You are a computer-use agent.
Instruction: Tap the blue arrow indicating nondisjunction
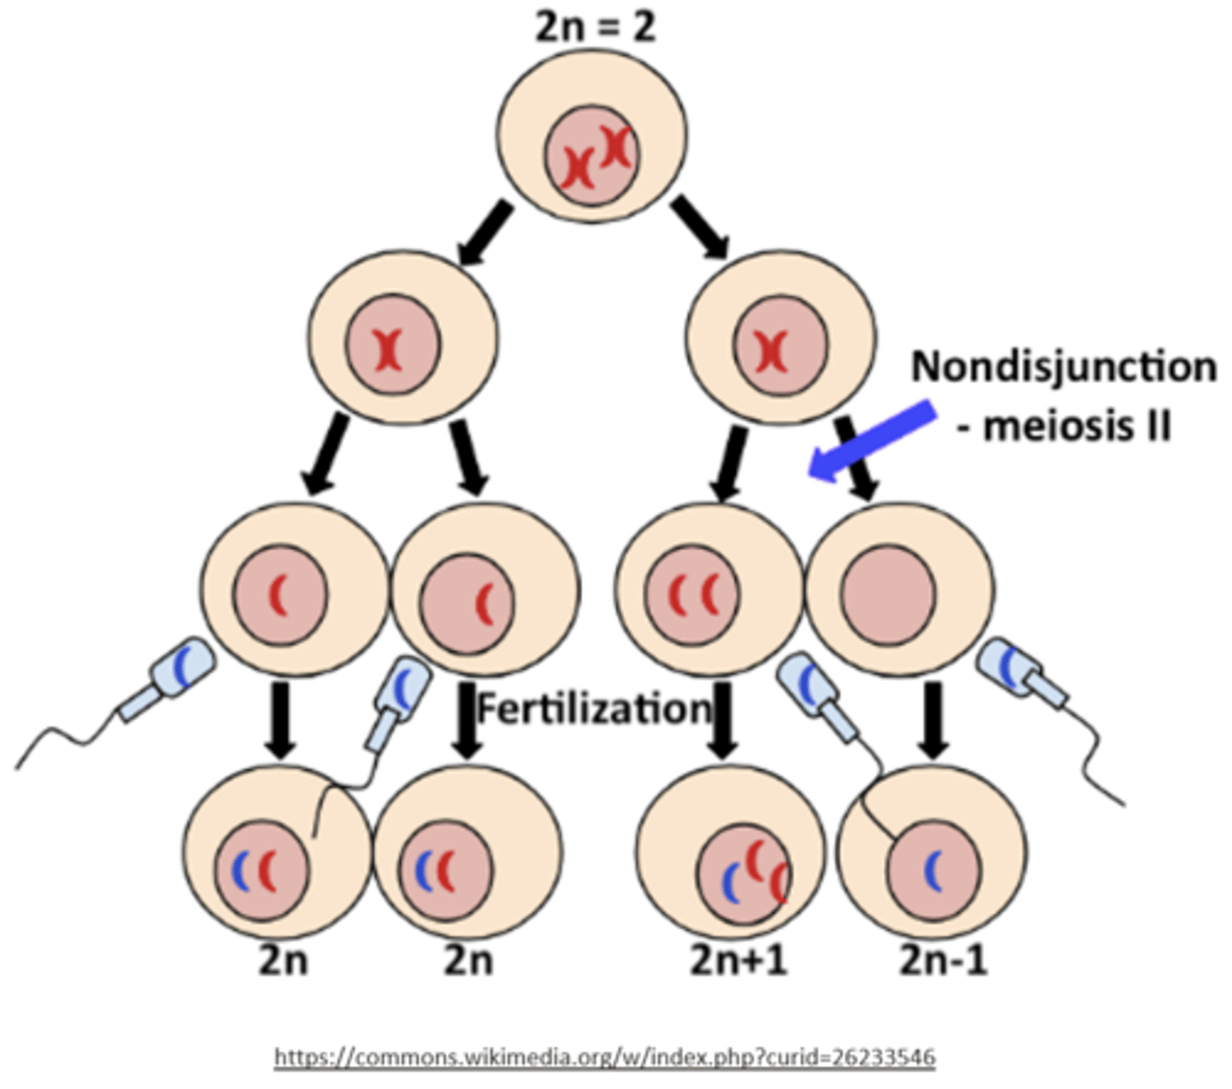coord(872,442)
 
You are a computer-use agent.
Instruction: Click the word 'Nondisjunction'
coord(1063,367)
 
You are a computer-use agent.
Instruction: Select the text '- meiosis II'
coord(1063,425)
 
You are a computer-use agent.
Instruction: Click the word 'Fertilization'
coord(595,709)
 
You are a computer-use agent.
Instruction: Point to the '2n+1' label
coord(737,959)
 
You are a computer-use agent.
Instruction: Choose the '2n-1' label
coord(942,959)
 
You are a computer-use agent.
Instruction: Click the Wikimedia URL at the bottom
coord(605,1057)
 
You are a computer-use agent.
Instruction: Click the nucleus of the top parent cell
coord(592,156)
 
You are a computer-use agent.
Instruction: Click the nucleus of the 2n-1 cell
coord(933,869)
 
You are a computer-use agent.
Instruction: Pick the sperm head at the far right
coord(1010,665)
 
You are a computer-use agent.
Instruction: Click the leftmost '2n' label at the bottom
coord(283,959)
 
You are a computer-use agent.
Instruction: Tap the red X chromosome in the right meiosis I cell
coord(772,350)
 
